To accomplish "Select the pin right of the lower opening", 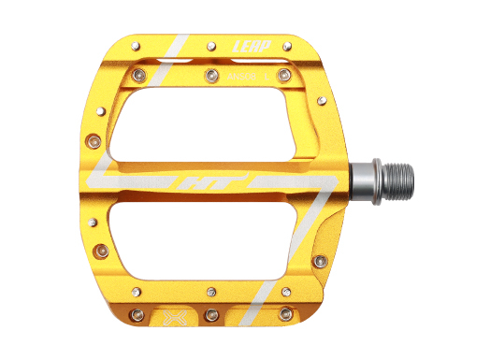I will [x=320, y=258].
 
